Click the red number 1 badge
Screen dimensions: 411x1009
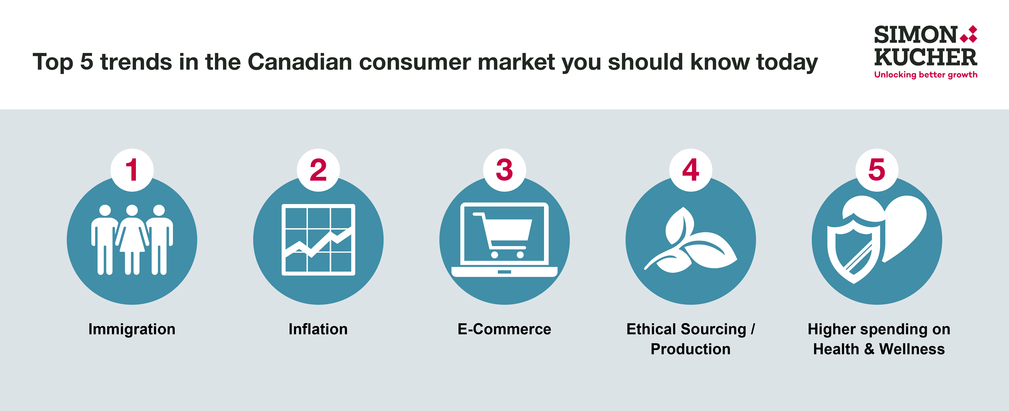pos(132,170)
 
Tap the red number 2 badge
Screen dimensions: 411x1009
pos(318,170)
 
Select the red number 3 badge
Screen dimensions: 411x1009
pos(504,170)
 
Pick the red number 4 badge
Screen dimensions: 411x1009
pos(690,170)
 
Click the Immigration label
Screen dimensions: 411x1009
pos(132,329)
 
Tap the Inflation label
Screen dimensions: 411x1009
pos(318,329)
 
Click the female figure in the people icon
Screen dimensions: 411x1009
pos(132,239)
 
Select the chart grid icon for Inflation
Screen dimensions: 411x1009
pos(318,239)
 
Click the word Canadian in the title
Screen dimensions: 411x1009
pos(300,62)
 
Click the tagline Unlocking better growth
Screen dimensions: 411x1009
pos(926,75)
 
